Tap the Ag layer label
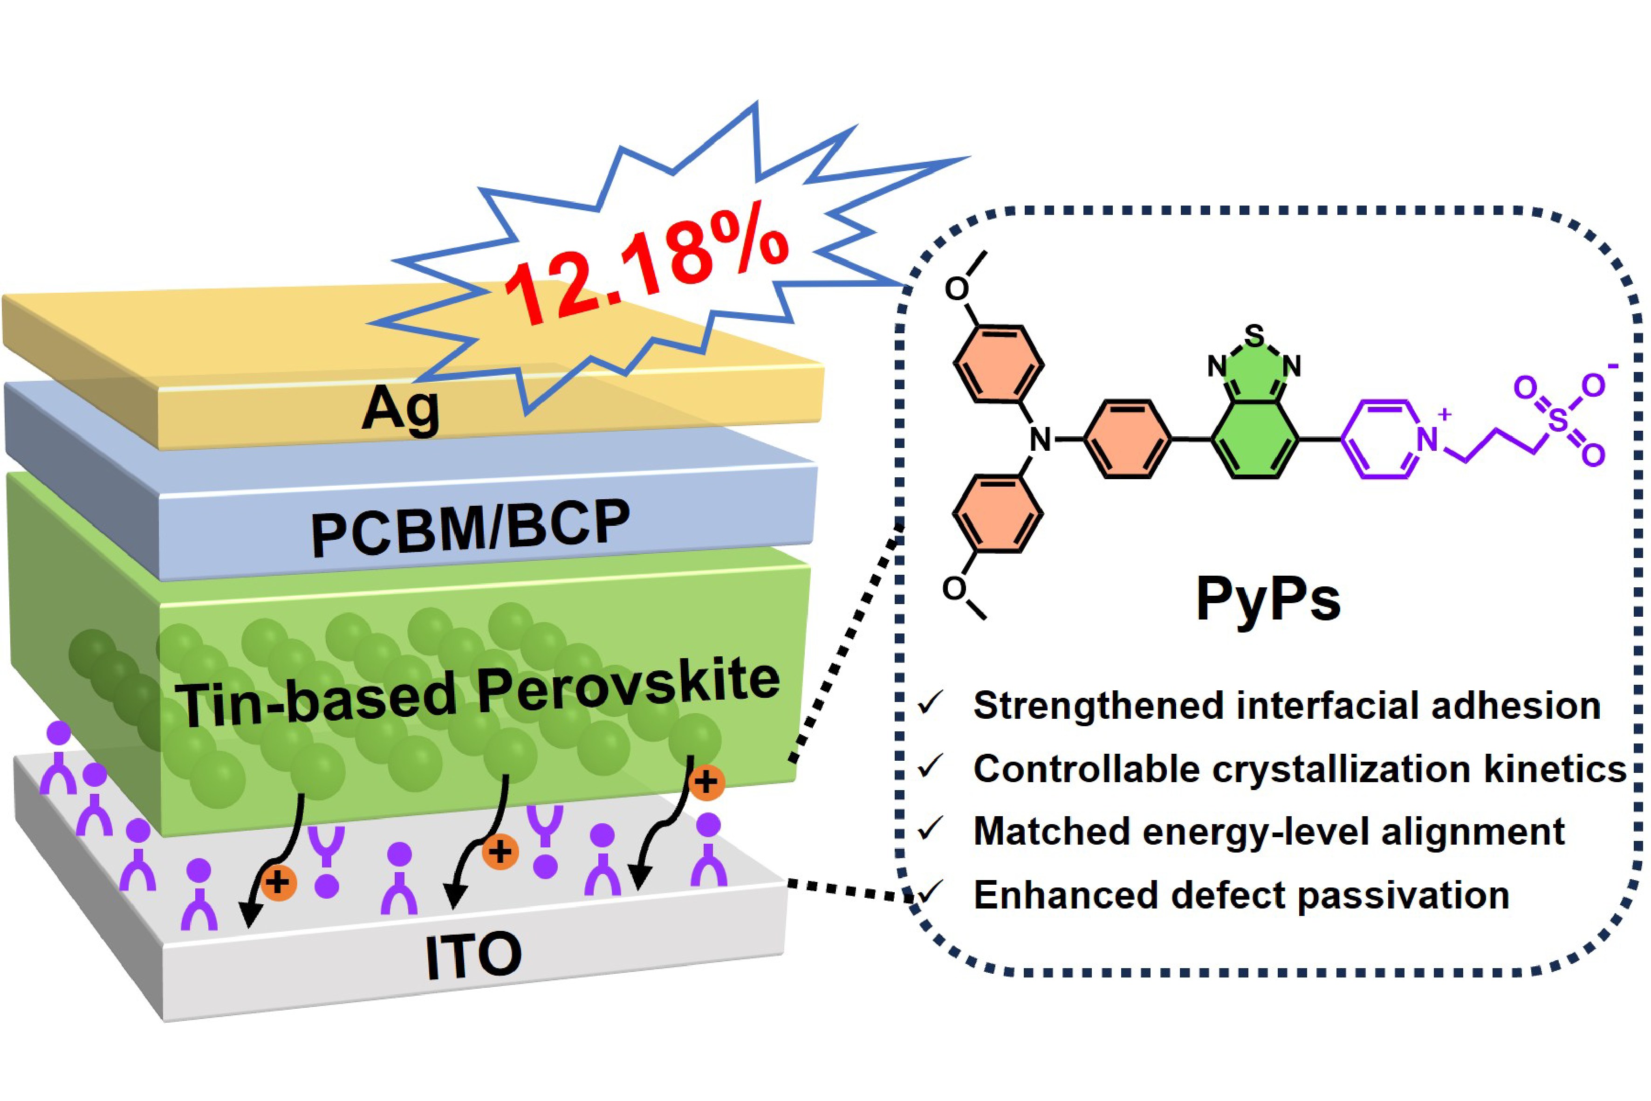401,409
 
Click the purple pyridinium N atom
1426,440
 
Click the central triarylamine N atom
1040,440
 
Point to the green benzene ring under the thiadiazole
1254,440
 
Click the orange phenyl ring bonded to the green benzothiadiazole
1127,440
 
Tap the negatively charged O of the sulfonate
1593,385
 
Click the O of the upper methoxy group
957,289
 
